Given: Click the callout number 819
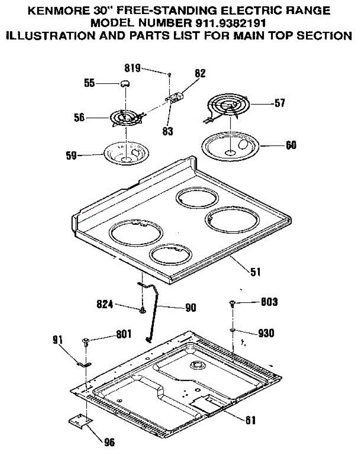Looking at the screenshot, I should point(133,68).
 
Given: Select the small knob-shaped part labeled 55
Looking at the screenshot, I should point(125,84).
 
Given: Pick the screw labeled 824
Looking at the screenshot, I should point(143,310).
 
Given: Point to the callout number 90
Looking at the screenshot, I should point(191,308).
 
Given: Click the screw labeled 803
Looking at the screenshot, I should point(232,303).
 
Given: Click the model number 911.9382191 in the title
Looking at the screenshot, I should point(230,23).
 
